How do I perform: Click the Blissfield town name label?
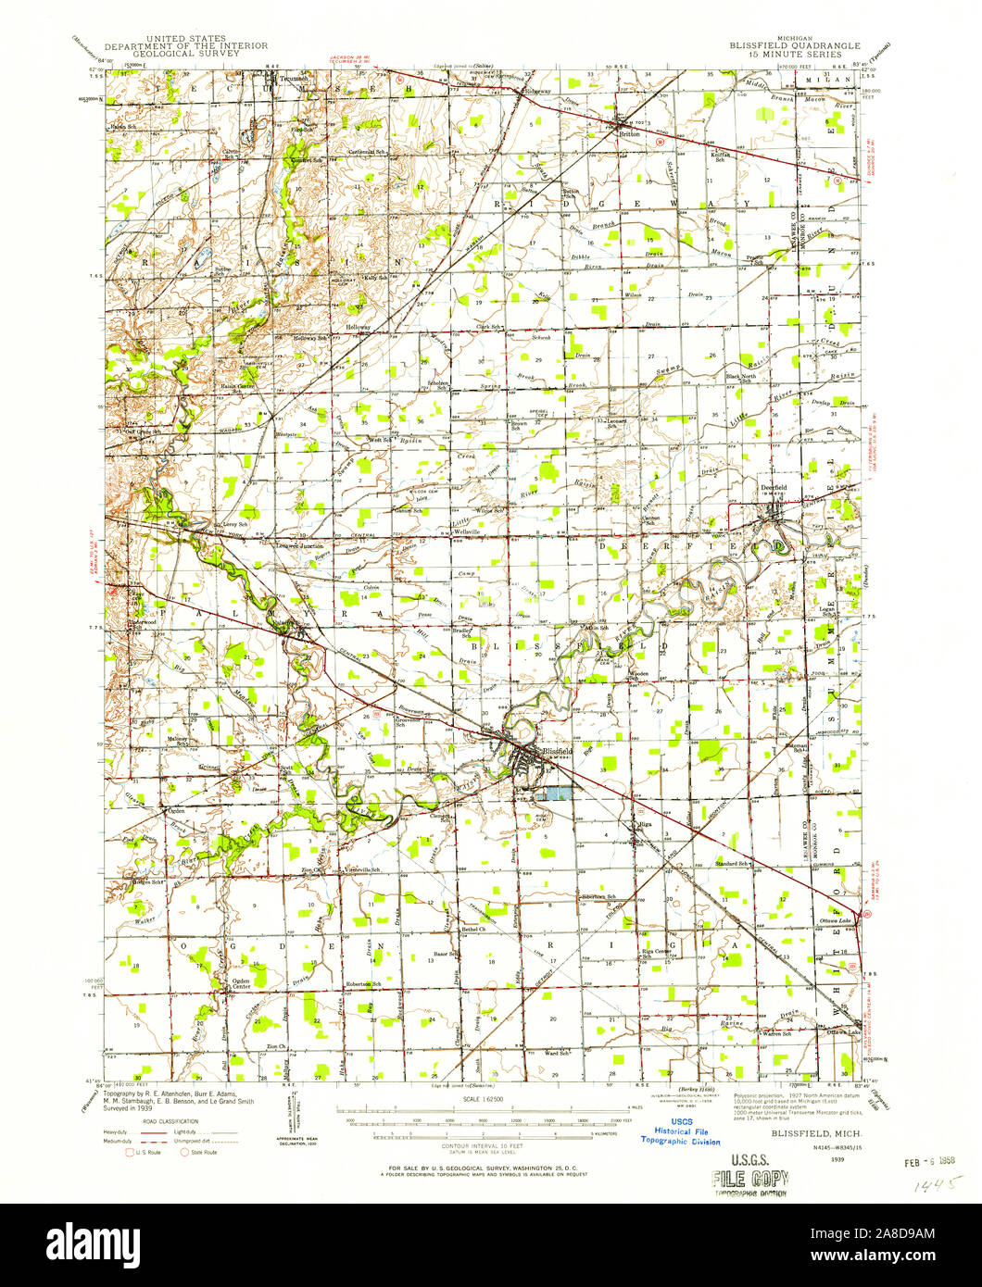558,751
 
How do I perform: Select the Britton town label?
630,133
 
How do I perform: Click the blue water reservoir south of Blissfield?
553,793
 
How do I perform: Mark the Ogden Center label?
242,983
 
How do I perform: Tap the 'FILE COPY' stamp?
749,1179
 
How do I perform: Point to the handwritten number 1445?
938,1184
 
